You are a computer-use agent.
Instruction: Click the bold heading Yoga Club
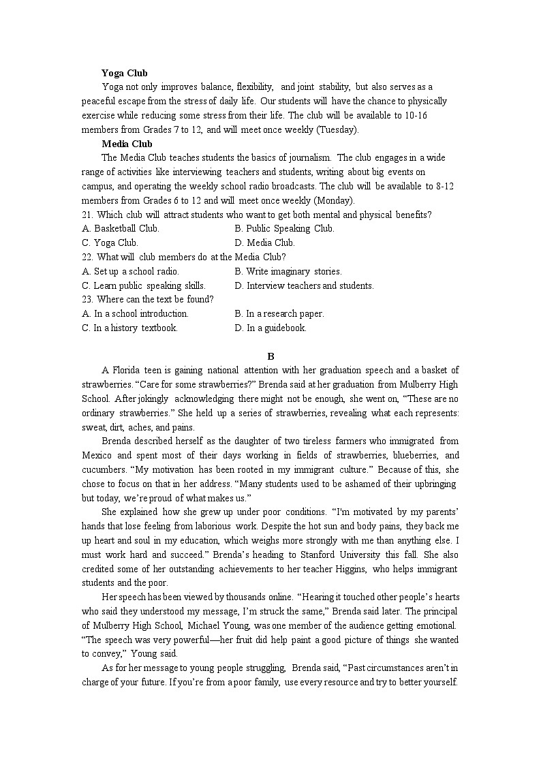point(124,73)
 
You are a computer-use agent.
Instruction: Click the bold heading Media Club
point(127,144)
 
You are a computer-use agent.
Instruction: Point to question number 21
point(87,215)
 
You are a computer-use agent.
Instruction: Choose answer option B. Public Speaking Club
point(284,229)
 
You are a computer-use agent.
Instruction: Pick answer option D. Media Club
point(264,243)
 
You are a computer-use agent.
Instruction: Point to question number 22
point(87,257)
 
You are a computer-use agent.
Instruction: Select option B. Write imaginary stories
point(288,271)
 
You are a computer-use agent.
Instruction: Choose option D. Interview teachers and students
point(304,285)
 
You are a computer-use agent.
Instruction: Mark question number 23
point(87,299)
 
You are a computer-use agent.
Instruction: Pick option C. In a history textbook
point(129,328)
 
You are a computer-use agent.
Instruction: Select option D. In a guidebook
point(270,328)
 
